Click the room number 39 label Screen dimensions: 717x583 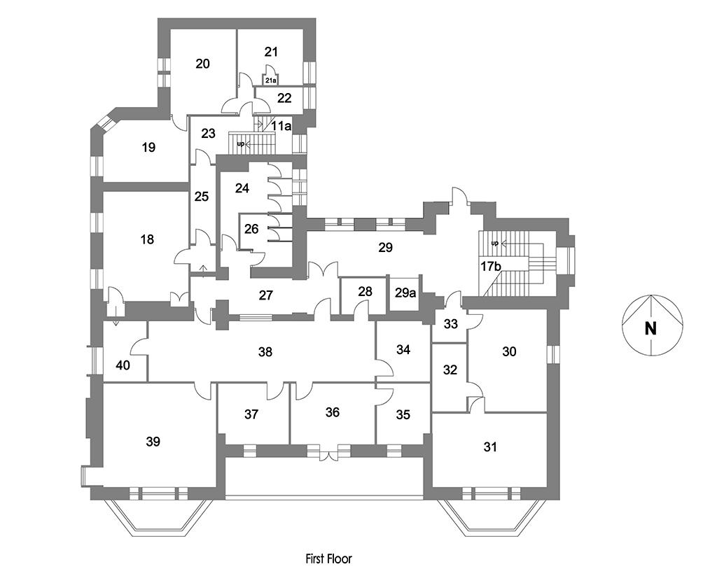pyautogui.click(x=153, y=442)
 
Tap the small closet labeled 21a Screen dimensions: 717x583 pyautogui.click(x=270, y=81)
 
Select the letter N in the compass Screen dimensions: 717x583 pyautogui.click(x=650, y=328)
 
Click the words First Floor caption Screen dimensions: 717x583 pyautogui.click(x=329, y=559)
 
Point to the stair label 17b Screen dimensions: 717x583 pyautogui.click(x=490, y=266)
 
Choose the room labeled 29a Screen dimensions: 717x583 pyautogui.click(x=405, y=293)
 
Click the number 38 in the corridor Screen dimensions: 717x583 pyautogui.click(x=265, y=352)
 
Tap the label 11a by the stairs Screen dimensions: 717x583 pyautogui.click(x=281, y=126)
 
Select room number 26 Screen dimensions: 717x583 pyautogui.click(x=251, y=229)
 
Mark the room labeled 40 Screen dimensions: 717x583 pyautogui.click(x=123, y=365)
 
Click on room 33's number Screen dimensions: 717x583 pyautogui.click(x=451, y=324)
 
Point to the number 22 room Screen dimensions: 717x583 pyautogui.click(x=284, y=98)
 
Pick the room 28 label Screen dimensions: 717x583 pyautogui.click(x=365, y=291)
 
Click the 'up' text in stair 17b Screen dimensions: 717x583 pyautogui.click(x=494, y=244)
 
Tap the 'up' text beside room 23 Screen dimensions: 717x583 pyautogui.click(x=241, y=144)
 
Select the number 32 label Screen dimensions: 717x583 pyautogui.click(x=450, y=370)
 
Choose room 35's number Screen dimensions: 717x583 pyautogui.click(x=403, y=414)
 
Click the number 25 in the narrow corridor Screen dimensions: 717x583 pyautogui.click(x=202, y=196)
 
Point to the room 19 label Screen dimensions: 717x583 pyautogui.click(x=148, y=147)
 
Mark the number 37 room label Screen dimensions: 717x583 pyautogui.click(x=251, y=414)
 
